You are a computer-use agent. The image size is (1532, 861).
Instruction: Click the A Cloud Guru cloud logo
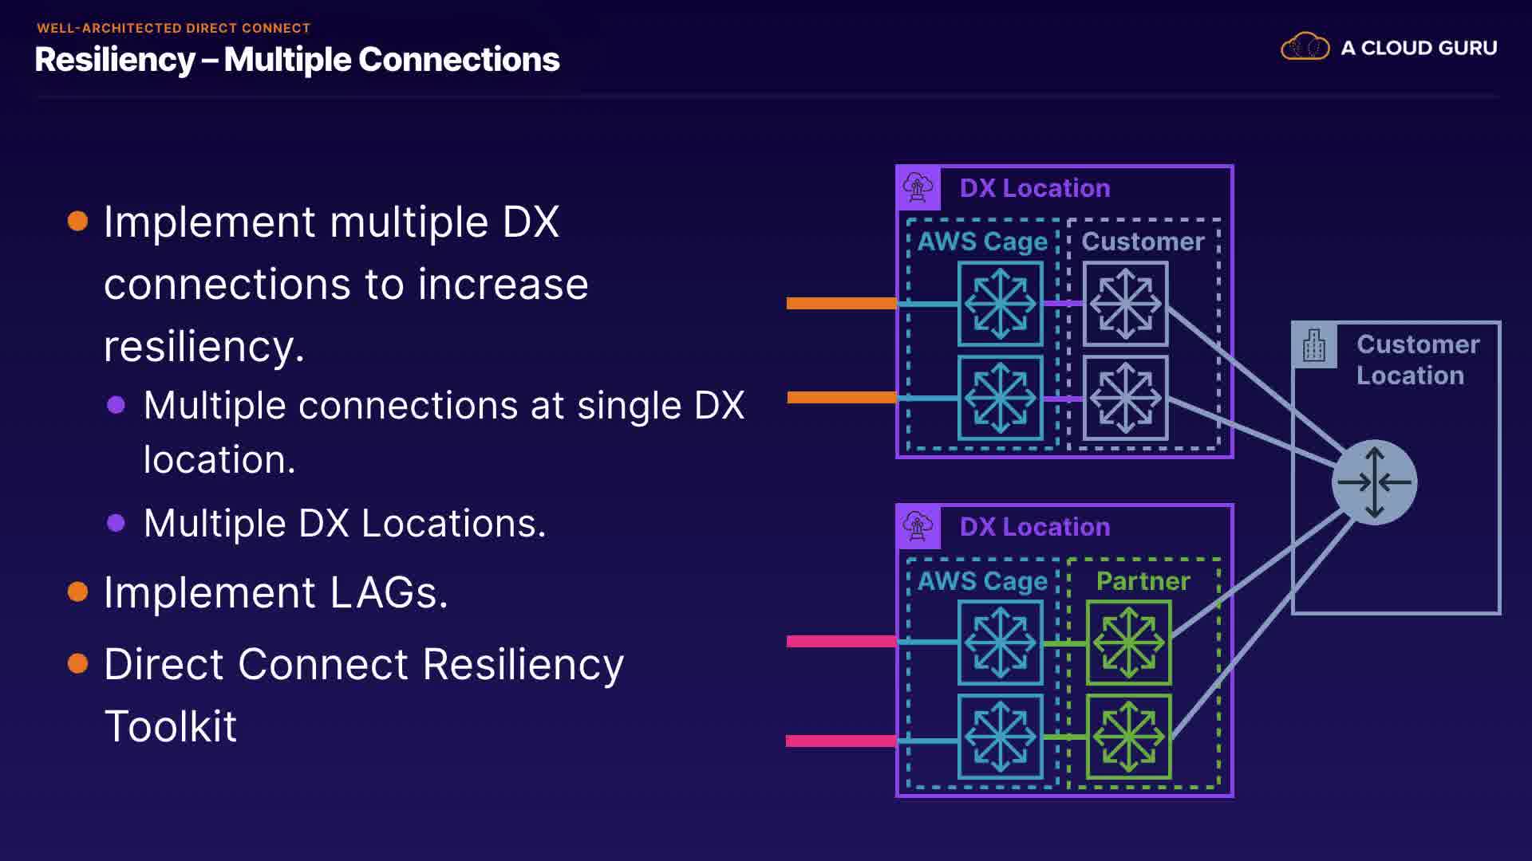pos(1305,47)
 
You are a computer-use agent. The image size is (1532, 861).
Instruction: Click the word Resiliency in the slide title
pos(115,60)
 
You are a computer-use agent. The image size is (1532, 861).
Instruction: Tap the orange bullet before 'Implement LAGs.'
pos(77,592)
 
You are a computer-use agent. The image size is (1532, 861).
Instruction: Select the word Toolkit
pos(171,726)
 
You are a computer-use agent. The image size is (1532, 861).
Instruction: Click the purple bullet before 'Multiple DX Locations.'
pos(116,523)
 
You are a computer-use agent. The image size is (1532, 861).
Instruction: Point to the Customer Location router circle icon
pos(1374,482)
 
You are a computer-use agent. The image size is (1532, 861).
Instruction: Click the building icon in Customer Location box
pos(1313,345)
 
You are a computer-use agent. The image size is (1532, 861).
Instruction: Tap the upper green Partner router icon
pos(1128,643)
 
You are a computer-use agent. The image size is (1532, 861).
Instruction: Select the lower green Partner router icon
pos(1128,737)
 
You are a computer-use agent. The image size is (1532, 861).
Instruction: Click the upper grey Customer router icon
pos(1125,304)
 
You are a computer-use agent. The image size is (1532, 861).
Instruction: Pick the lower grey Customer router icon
pos(1125,398)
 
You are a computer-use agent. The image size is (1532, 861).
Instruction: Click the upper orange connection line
pos(841,303)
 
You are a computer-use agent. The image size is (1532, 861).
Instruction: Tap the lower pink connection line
pos(841,741)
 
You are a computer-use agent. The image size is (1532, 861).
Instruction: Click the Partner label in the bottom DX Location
pos(1143,581)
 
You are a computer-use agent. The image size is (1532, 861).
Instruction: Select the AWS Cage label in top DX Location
pos(982,242)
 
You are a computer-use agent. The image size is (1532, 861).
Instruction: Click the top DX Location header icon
pos(918,187)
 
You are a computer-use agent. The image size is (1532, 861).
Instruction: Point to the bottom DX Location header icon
pos(918,526)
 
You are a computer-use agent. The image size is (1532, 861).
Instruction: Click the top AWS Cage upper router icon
pos(1000,304)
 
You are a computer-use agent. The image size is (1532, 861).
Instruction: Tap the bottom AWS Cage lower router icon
pos(1000,737)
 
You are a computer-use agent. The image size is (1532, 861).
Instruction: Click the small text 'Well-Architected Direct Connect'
pos(173,28)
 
